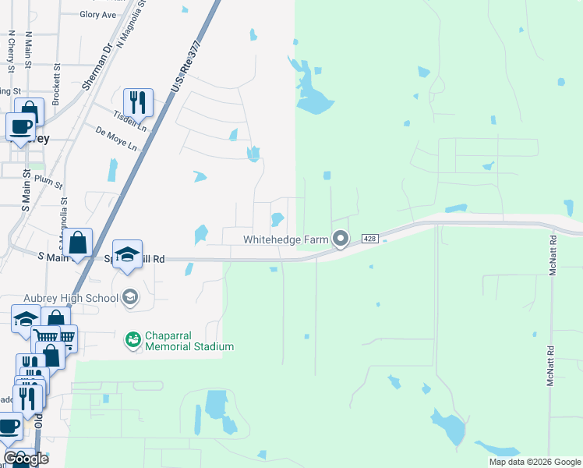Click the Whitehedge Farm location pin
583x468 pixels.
(x=340, y=239)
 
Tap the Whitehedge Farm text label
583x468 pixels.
(x=285, y=239)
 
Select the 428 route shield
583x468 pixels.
(x=371, y=239)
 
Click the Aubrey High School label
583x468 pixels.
(x=76, y=296)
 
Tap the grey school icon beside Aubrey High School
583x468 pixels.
(x=130, y=296)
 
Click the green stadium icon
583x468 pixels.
(x=133, y=339)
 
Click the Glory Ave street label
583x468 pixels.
(x=98, y=14)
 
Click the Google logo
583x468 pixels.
(x=26, y=459)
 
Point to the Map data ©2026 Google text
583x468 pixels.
(x=534, y=462)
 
